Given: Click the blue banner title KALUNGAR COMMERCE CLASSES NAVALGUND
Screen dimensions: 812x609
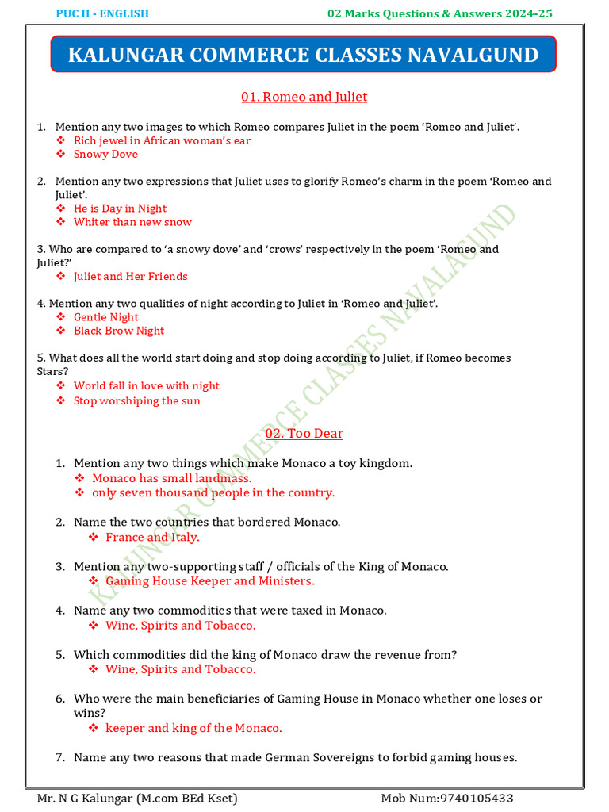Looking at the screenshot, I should click(x=304, y=55).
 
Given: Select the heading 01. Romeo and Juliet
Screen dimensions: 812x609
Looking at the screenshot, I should click(x=304, y=97).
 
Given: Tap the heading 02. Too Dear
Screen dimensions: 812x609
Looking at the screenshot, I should click(x=304, y=434).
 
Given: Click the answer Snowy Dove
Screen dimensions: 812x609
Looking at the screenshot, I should click(x=105, y=155).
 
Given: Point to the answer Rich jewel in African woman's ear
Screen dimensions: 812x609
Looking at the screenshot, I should click(x=162, y=140).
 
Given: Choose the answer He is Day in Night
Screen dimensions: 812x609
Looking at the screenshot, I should click(x=120, y=209).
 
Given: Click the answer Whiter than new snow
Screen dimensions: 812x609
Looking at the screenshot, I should click(x=132, y=223).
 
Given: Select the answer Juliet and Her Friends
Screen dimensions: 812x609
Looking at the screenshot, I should click(x=130, y=277).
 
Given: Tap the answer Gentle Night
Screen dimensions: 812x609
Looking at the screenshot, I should click(x=106, y=317).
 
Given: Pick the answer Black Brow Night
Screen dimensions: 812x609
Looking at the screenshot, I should click(x=119, y=331).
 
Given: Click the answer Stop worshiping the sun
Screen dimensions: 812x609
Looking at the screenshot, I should click(x=136, y=401).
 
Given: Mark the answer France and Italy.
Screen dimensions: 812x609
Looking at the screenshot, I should click(x=152, y=538).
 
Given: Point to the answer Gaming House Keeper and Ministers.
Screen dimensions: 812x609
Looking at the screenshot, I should click(x=209, y=581).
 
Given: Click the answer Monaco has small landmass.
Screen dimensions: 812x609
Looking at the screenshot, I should click(x=172, y=478).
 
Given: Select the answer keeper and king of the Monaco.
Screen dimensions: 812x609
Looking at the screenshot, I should click(x=193, y=728).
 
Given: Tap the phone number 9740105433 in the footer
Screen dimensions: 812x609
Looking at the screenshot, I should click(x=487, y=798).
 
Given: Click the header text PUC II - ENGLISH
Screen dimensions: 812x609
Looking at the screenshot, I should click(x=102, y=13).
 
